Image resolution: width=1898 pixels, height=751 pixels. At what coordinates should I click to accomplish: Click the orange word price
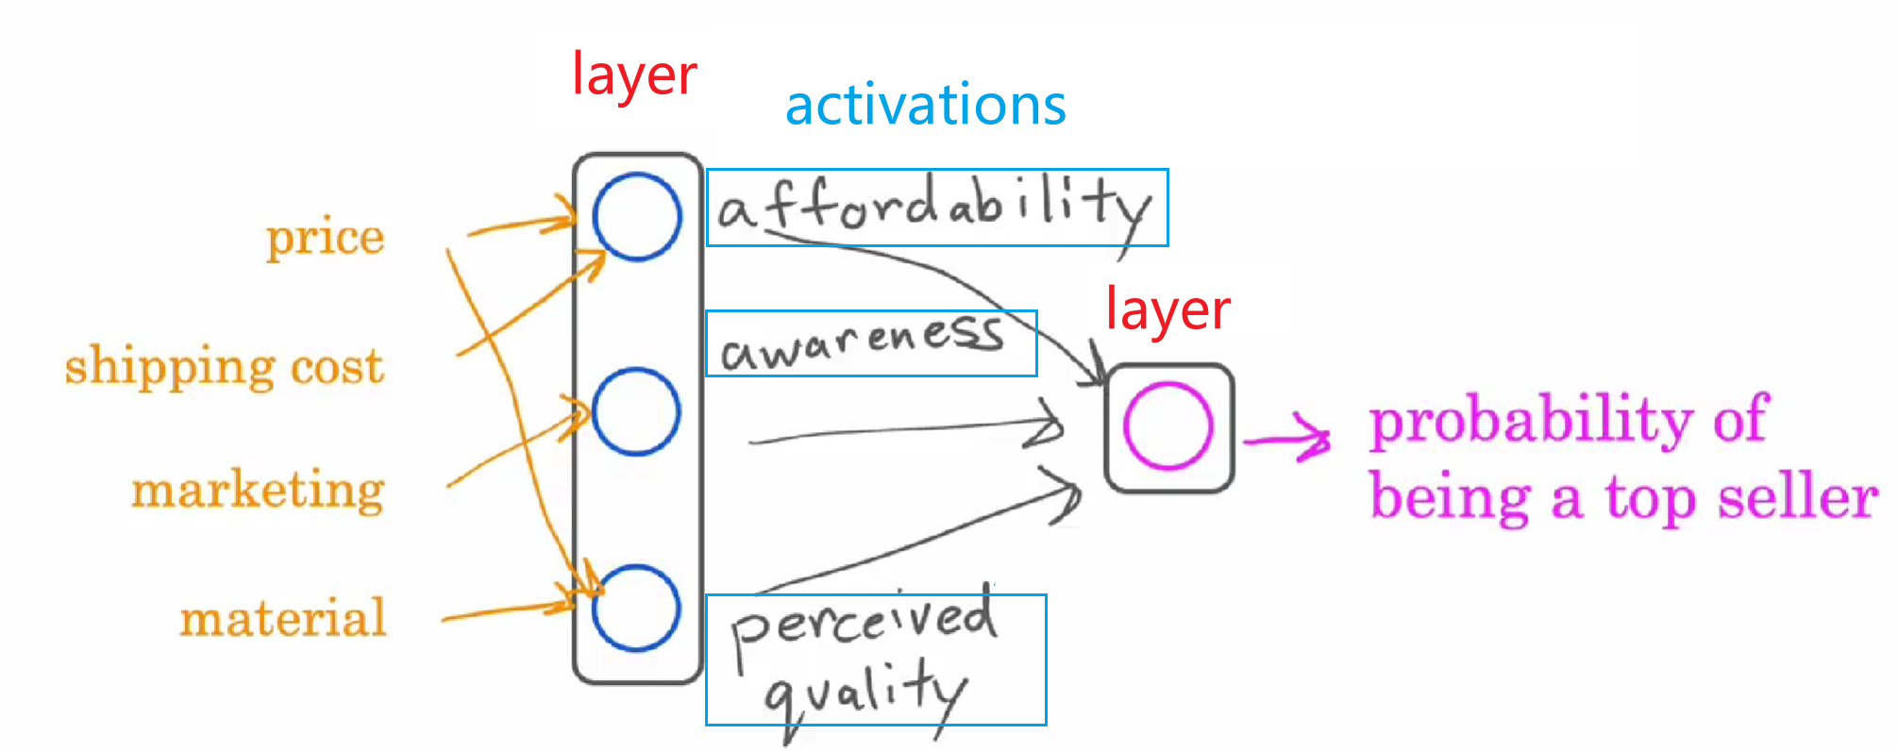pyautogui.click(x=326, y=238)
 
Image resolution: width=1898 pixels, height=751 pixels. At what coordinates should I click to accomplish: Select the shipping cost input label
pyautogui.click(x=225, y=366)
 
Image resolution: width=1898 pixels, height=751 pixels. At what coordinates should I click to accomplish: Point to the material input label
pyautogui.click(x=283, y=619)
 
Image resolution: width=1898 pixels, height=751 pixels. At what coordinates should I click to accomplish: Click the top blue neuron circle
pyautogui.click(x=637, y=216)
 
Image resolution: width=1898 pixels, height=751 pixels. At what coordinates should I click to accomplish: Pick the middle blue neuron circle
pyautogui.click(x=637, y=411)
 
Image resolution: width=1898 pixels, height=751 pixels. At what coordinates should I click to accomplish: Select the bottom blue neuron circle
pyautogui.click(x=637, y=608)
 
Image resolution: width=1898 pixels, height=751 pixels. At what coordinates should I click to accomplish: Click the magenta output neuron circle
pyautogui.click(x=1168, y=426)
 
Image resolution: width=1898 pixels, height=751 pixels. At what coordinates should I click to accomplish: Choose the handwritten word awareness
pyautogui.click(x=862, y=343)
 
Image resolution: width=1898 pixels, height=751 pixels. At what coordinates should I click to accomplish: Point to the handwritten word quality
pyautogui.click(x=864, y=693)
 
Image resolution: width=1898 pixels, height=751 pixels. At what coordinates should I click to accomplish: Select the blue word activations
pyautogui.click(x=926, y=105)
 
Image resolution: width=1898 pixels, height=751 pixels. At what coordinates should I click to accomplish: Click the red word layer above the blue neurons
pyautogui.click(x=634, y=75)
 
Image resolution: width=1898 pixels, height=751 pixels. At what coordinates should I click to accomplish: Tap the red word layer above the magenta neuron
pyautogui.click(x=1167, y=309)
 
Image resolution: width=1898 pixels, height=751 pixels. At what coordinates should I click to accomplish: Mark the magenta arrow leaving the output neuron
pyautogui.click(x=1288, y=438)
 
